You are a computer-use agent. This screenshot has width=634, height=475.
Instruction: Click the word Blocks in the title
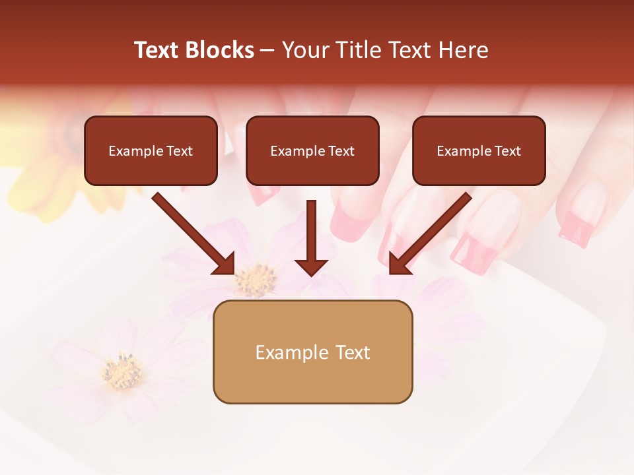219,50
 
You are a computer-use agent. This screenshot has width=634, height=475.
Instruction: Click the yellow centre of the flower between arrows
256,280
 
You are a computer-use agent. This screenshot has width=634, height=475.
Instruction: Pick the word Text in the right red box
507,151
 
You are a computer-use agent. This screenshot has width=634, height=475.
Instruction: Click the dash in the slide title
267,50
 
